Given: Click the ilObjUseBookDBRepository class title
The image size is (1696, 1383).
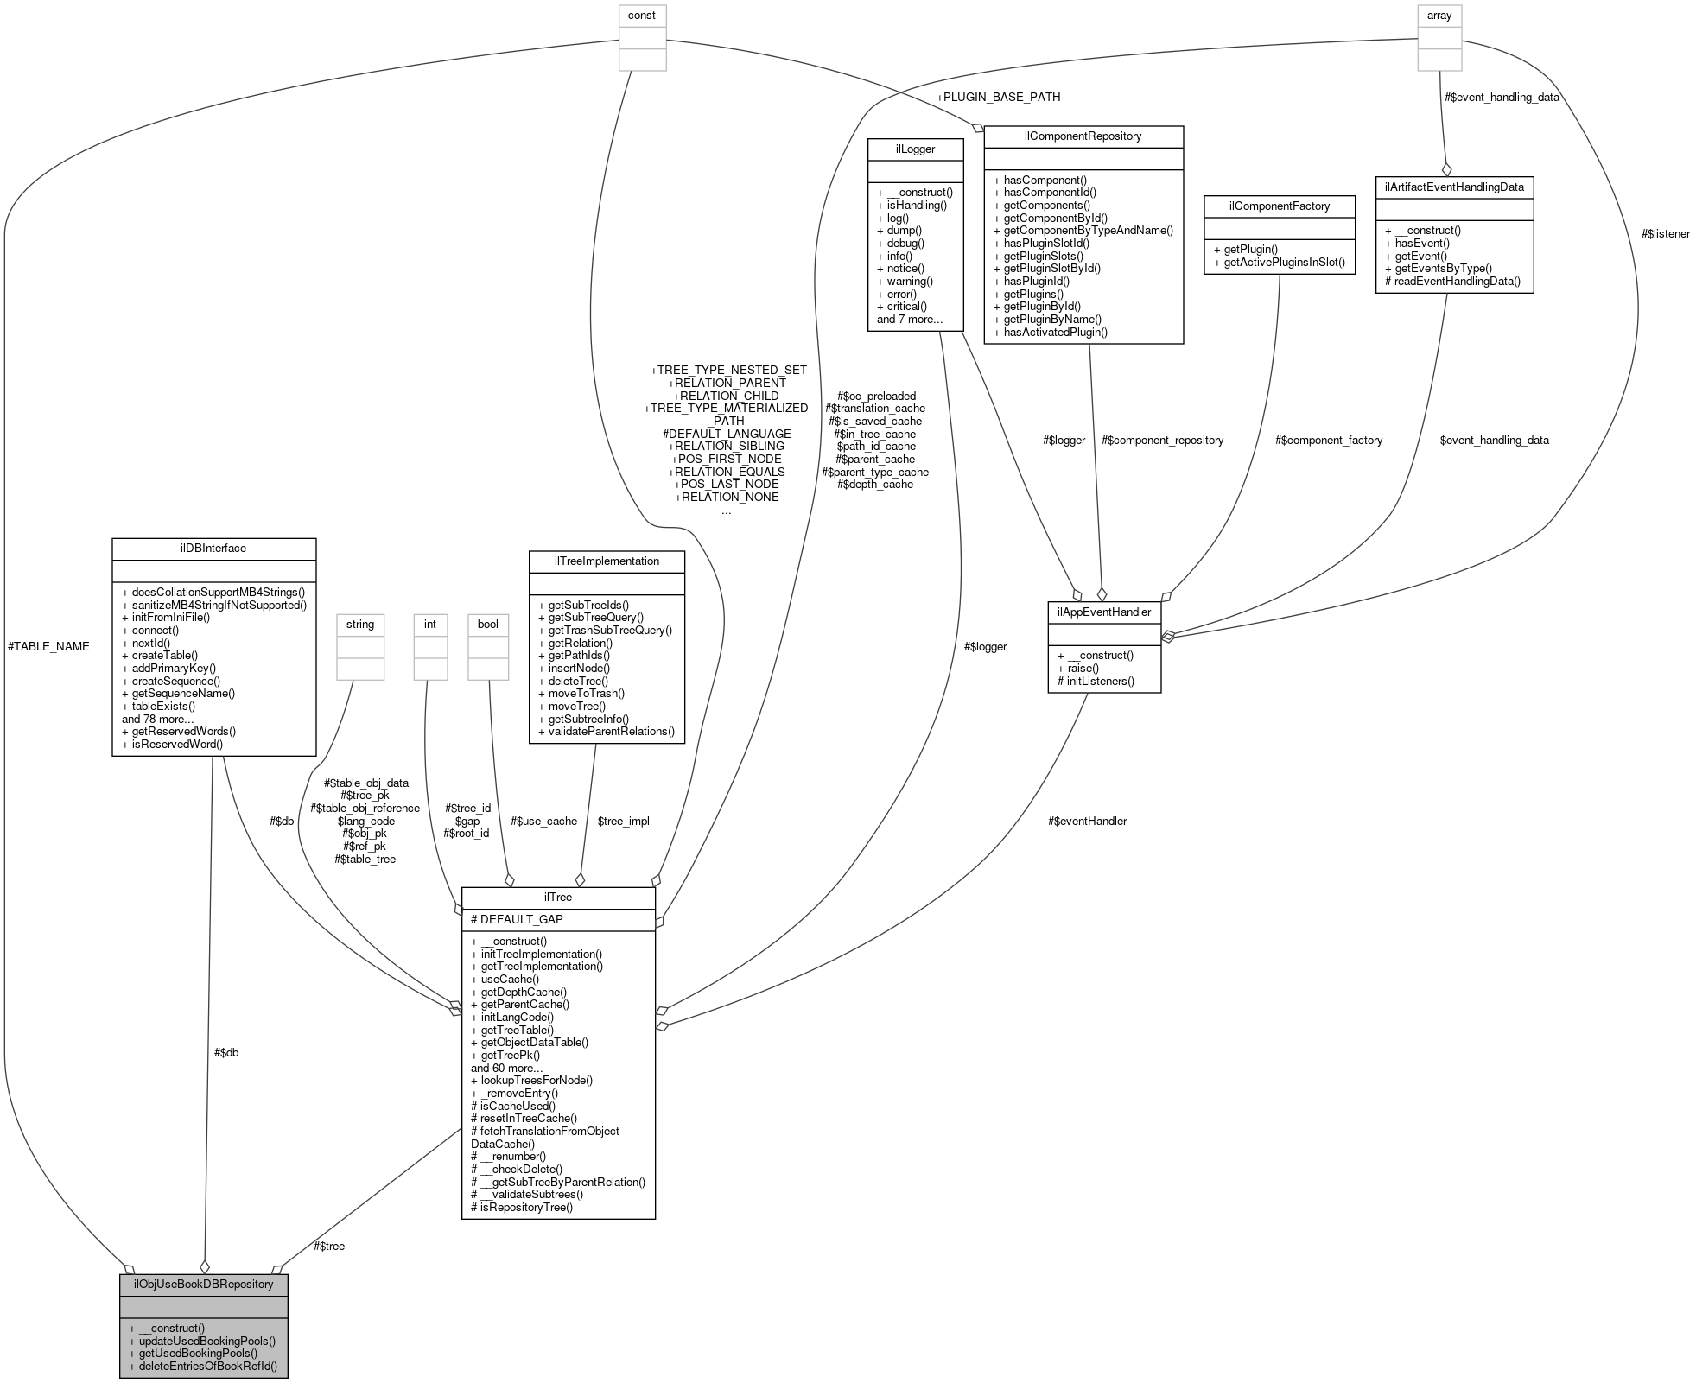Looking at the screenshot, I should [203, 1284].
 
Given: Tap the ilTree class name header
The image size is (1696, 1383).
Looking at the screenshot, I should [558, 897].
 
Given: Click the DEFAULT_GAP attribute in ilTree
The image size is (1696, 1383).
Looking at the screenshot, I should [517, 919].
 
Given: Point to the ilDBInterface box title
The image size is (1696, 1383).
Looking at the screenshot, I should [213, 548].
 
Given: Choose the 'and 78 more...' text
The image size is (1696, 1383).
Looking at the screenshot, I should [157, 719].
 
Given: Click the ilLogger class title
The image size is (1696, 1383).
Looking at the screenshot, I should [916, 149].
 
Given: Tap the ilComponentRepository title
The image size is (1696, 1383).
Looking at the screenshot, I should [1083, 136].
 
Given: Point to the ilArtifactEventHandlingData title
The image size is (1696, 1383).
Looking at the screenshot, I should [1454, 186].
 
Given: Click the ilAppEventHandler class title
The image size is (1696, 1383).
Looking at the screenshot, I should [1103, 612].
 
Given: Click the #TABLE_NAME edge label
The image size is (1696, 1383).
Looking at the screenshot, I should [48, 646].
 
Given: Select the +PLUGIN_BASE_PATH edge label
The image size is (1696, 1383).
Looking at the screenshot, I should [998, 97].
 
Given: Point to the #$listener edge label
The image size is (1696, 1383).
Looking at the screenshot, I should [1665, 233].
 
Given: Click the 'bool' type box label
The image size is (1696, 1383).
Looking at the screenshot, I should [488, 624].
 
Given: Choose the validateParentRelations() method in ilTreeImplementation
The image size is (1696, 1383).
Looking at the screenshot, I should [606, 731].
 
